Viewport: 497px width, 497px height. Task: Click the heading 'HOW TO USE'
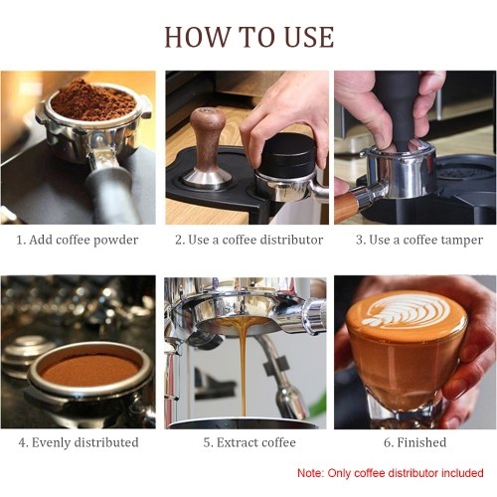coord(248,37)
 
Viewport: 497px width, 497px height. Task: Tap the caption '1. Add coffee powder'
coord(78,240)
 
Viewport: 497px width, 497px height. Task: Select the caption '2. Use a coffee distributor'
coord(248,240)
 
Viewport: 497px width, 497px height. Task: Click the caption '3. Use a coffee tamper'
coord(419,240)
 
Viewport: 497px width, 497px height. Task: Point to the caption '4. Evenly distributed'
coord(79,442)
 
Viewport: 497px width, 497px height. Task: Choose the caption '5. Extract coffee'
coord(249,442)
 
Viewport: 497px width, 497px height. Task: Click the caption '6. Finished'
coord(414,442)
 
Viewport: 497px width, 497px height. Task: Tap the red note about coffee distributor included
coord(391,473)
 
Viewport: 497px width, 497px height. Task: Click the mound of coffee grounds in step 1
coord(92,99)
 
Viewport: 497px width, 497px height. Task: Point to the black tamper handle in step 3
coord(400,109)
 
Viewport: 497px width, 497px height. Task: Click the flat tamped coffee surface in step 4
coord(88,370)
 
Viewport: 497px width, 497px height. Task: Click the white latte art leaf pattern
coord(406,311)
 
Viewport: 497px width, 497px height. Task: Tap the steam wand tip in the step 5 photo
coord(288,403)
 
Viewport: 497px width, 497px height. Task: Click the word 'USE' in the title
coord(309,37)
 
